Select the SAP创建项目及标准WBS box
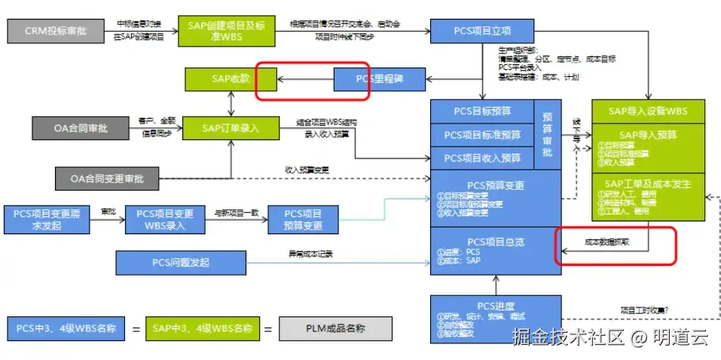point(216,31)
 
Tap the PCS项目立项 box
point(482,31)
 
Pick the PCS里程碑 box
point(380,78)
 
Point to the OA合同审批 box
point(81,128)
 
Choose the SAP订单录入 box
point(231,128)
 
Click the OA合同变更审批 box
point(108,178)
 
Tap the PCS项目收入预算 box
point(482,157)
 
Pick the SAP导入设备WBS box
point(649,111)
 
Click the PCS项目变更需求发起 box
point(50,219)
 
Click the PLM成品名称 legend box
point(335,328)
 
